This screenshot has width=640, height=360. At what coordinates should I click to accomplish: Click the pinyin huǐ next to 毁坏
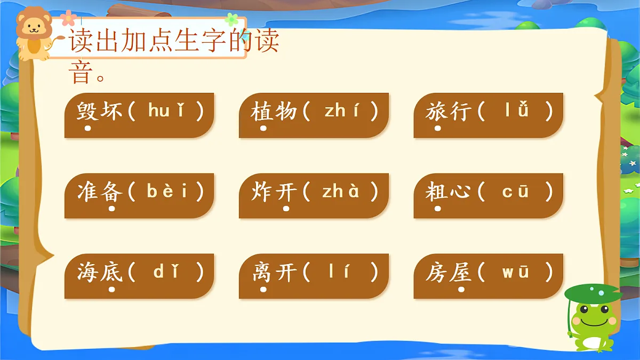[168, 111]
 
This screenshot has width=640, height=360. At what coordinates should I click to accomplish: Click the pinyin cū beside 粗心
[516, 191]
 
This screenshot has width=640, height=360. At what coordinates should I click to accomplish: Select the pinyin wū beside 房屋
[516, 272]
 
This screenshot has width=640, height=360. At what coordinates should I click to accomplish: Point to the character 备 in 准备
[111, 192]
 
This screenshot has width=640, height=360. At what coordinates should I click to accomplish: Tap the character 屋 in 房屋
[461, 273]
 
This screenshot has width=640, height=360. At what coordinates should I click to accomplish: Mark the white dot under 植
[263, 129]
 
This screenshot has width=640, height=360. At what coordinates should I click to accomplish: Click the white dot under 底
[111, 290]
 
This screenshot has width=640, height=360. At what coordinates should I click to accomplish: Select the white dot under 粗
[437, 209]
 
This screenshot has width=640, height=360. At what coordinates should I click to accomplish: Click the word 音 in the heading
[81, 73]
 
